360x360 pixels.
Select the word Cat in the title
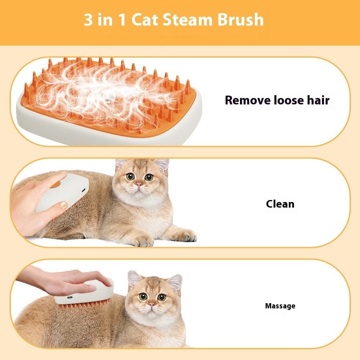[144, 20]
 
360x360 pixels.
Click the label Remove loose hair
[277, 100]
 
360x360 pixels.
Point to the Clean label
[280, 204]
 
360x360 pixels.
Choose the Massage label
[280, 306]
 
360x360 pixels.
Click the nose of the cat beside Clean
[138, 185]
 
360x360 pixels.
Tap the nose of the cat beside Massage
[151, 305]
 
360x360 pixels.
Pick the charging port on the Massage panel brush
[70, 298]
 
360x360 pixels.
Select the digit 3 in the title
[88, 20]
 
